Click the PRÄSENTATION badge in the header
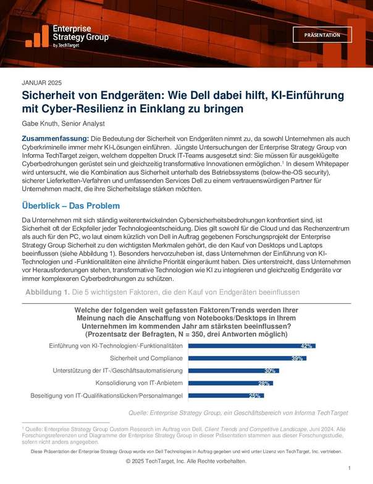322,35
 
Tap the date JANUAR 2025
42,83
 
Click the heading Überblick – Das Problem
70,205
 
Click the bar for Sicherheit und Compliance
247,358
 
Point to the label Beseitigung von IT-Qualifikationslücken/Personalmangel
106,395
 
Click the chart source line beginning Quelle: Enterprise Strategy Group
237,412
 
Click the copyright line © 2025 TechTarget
186,462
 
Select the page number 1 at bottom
349,469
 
